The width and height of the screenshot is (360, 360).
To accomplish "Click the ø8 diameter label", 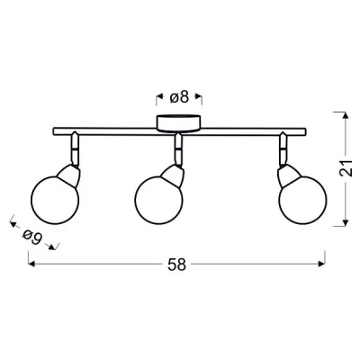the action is (179, 97).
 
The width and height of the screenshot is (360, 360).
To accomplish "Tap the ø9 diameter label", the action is (31, 238).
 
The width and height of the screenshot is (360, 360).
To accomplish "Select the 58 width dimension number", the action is (177, 265).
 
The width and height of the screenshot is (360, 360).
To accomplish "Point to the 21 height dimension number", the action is (346, 167).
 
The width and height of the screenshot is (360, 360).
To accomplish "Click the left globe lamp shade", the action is (55, 200).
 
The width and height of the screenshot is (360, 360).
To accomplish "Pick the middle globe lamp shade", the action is (158, 200).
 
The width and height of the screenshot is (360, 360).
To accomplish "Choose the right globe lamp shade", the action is (303, 200).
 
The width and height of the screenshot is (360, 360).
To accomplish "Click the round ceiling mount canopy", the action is (178, 123).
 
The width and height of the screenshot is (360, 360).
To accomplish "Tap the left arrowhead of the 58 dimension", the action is (31, 264).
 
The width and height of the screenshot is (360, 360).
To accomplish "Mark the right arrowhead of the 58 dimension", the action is (321, 264).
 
